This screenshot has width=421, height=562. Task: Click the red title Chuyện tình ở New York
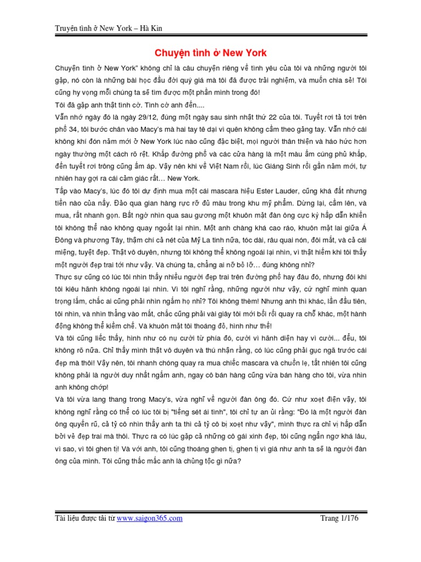click(x=210, y=53)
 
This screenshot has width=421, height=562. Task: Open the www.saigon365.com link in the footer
click(x=150, y=518)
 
